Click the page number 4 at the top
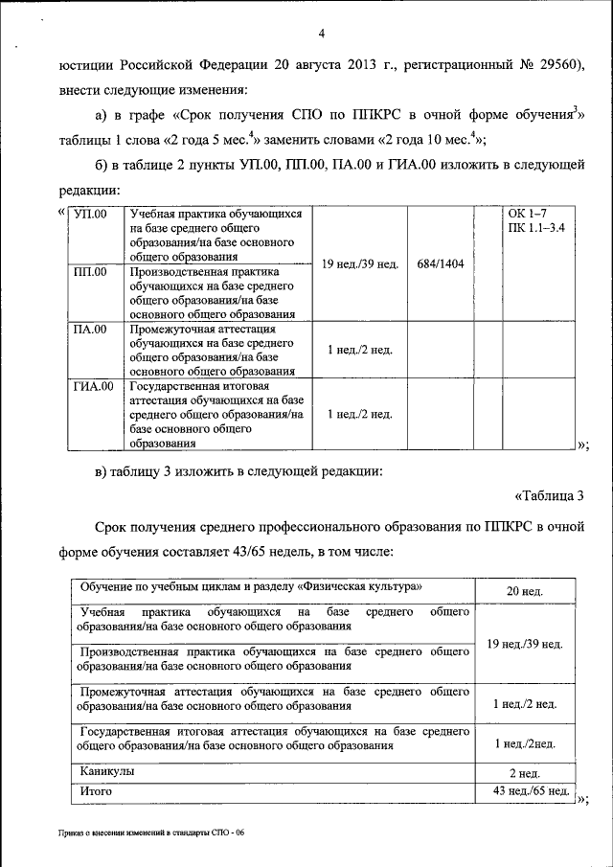click(322, 34)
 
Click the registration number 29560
click(560, 65)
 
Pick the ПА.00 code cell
click(92, 330)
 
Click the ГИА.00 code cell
click(95, 386)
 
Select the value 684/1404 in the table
click(441, 262)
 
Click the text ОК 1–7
click(528, 213)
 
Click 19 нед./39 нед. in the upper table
click(360, 262)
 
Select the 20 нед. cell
click(525, 591)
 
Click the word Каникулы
click(107, 770)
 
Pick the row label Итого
click(97, 791)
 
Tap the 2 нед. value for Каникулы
click(525, 772)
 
